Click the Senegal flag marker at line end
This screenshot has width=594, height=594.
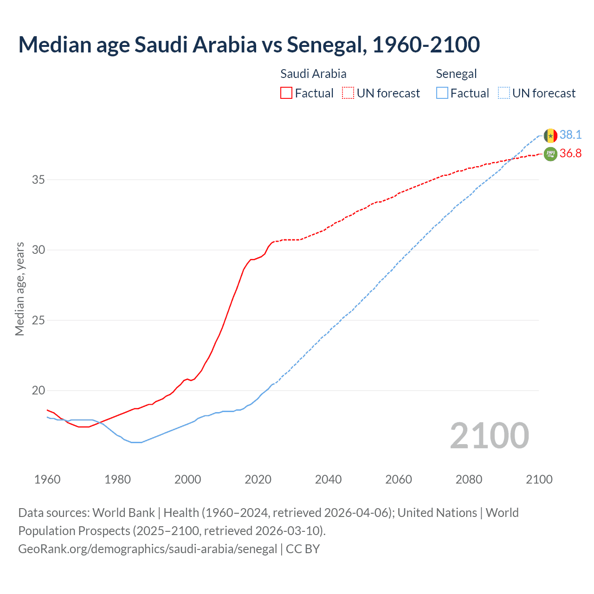[x=550, y=136]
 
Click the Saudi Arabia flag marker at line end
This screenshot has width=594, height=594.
[x=550, y=154]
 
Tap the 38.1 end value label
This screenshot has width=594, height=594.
[x=570, y=135]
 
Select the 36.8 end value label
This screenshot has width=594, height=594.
[x=570, y=154]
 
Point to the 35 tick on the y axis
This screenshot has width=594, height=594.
[x=38, y=180]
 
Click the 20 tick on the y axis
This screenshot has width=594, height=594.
[x=38, y=390]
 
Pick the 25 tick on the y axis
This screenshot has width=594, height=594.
[x=38, y=320]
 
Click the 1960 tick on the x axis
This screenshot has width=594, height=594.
[x=47, y=479]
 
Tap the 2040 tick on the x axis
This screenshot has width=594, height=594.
[x=328, y=479]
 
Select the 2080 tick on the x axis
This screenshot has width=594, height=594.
[x=469, y=479]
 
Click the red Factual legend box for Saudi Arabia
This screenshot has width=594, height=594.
[x=286, y=93]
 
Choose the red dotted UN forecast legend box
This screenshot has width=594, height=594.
[x=348, y=93]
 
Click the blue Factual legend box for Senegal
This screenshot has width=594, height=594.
[x=442, y=93]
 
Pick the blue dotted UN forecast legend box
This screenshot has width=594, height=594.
[x=504, y=93]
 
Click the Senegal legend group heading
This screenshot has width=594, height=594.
[x=456, y=74]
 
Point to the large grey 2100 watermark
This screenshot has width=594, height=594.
[x=489, y=436]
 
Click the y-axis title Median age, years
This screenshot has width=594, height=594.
[x=19, y=289]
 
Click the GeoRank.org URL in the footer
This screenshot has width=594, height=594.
[x=148, y=549]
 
